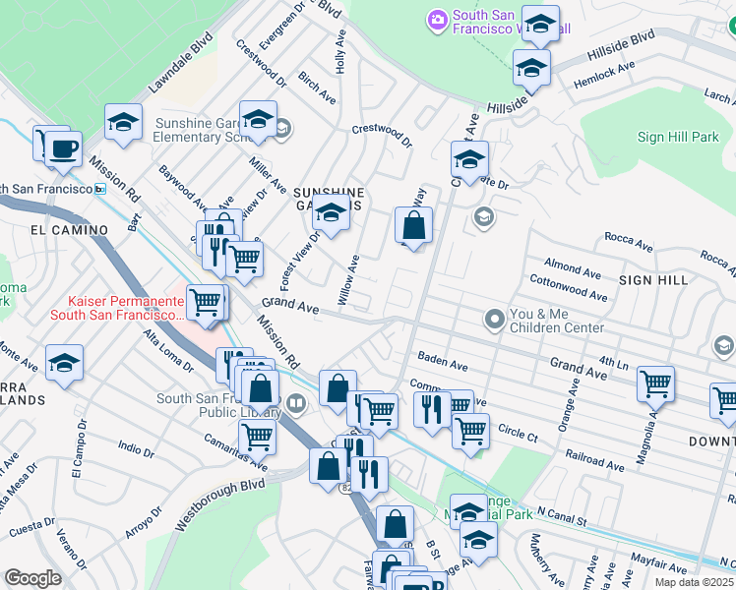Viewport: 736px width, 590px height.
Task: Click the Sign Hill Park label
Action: click(678, 138)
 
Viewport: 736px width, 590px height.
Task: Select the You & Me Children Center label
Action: click(556, 320)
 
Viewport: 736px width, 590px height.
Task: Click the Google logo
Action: click(32, 578)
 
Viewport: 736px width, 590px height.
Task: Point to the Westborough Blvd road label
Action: click(220, 505)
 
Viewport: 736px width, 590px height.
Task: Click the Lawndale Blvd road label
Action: click(181, 64)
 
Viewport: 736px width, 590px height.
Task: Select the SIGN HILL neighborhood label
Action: click(653, 280)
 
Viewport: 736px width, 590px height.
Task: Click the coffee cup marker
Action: click(64, 147)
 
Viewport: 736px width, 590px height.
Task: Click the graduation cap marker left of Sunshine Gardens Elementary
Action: click(124, 122)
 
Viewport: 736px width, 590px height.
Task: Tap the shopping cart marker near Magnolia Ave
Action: click(655, 384)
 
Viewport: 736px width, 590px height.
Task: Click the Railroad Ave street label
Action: click(594, 460)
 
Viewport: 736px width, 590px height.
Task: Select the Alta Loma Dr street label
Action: click(168, 351)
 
